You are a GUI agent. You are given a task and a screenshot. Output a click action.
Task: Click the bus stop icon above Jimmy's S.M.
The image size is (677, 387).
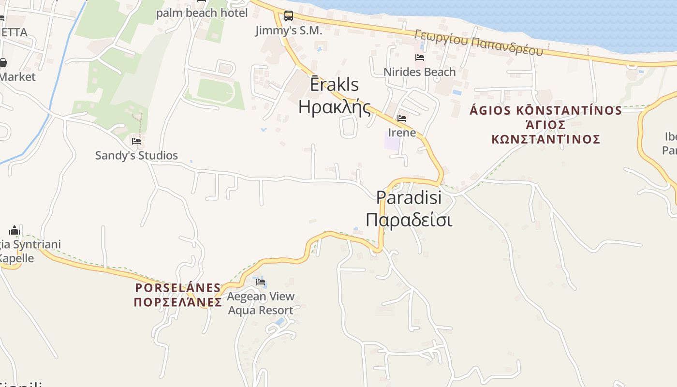pos(289,16)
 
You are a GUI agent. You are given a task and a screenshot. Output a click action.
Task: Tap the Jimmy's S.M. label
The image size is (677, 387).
pos(289,30)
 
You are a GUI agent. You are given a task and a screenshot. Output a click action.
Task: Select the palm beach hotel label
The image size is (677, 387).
pos(202,13)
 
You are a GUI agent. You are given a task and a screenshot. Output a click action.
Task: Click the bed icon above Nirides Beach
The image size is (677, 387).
pos(420,58)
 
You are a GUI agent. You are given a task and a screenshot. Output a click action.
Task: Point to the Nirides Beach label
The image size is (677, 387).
pos(419,72)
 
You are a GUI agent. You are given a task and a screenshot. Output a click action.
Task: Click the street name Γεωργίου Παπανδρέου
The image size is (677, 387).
pos(478,42)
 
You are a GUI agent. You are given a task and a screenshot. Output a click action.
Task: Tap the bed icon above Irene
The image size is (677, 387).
pos(402,119)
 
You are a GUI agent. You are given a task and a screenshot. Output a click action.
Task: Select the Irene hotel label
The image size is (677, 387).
pos(402,132)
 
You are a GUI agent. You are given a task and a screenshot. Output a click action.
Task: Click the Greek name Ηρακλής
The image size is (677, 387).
pos(335,107)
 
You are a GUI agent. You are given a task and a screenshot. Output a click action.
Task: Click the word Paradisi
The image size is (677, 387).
pos(409,197)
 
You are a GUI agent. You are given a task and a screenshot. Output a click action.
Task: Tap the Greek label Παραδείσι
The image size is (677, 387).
pos(409,220)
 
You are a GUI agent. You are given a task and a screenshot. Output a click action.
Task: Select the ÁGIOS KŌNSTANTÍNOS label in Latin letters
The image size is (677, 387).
pos(546,110)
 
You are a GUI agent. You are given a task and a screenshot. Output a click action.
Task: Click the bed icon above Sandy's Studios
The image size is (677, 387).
pos(136,141)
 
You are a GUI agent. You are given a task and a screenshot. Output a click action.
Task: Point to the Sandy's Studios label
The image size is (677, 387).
pos(136,155)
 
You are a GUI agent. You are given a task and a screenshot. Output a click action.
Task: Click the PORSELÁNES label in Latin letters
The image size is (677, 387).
pos(178,288)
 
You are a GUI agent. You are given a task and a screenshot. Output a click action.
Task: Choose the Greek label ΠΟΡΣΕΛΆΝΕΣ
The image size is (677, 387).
pos(178,302)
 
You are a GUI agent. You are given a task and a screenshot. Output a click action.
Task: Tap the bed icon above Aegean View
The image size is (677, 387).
pos(261,282)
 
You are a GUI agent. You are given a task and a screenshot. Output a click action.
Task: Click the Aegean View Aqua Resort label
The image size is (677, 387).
pos(261,303)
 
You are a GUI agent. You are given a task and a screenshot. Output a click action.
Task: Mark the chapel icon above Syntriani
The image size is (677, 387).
pos(15,230)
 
